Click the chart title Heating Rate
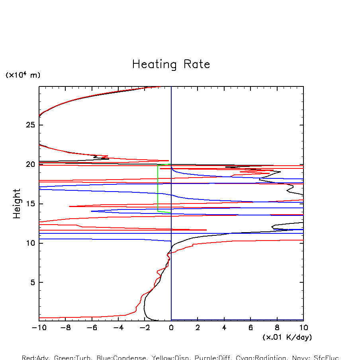[171, 65]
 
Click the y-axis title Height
[17, 203]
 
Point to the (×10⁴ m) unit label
[23, 75]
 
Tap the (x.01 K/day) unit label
[287, 337]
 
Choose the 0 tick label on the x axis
[171, 327]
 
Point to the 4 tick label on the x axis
[224, 327]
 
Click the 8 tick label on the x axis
[277, 327]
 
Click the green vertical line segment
[158, 187]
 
